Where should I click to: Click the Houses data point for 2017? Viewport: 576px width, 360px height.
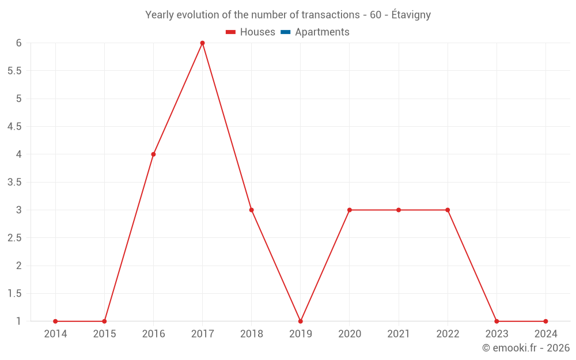pyautogui.click(x=202, y=43)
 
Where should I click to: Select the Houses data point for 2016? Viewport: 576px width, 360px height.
pyautogui.click(x=153, y=154)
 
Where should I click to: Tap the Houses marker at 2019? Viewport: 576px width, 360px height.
pyautogui.click(x=301, y=321)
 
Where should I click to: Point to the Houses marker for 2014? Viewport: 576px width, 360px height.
pyautogui.click(x=55, y=321)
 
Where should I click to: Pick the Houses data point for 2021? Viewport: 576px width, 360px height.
pyautogui.click(x=399, y=210)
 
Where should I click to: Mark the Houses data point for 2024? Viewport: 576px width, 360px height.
pyautogui.click(x=545, y=321)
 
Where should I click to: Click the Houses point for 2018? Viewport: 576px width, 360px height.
pyautogui.click(x=252, y=210)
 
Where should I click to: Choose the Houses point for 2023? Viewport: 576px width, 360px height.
pyautogui.click(x=497, y=321)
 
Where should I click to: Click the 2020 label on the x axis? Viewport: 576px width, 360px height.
pyautogui.click(x=350, y=334)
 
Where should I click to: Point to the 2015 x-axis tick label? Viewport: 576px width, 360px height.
pyautogui.click(x=104, y=334)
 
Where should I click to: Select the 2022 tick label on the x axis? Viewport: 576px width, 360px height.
pyautogui.click(x=448, y=334)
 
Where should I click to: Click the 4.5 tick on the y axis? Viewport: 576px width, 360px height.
pyautogui.click(x=14, y=127)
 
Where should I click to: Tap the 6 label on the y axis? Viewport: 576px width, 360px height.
pyautogui.click(x=19, y=43)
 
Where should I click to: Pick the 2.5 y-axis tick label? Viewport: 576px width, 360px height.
pyautogui.click(x=14, y=238)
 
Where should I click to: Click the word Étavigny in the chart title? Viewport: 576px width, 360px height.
pyautogui.click(x=411, y=15)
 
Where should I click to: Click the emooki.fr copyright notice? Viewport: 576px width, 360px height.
pyautogui.click(x=526, y=348)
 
